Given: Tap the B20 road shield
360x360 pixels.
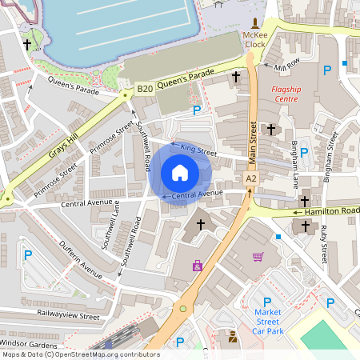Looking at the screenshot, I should pos(144,88).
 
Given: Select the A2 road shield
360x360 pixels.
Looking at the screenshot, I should pos(251,178).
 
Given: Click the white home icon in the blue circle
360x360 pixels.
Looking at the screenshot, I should pos(180,172).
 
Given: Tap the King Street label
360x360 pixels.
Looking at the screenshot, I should pos(198,148).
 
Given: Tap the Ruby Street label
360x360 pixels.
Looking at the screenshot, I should pos(323,244).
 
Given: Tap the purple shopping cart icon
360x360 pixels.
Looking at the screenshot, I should pos(258,257).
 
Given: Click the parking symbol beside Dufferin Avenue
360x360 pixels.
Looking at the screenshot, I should pos(27,255).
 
